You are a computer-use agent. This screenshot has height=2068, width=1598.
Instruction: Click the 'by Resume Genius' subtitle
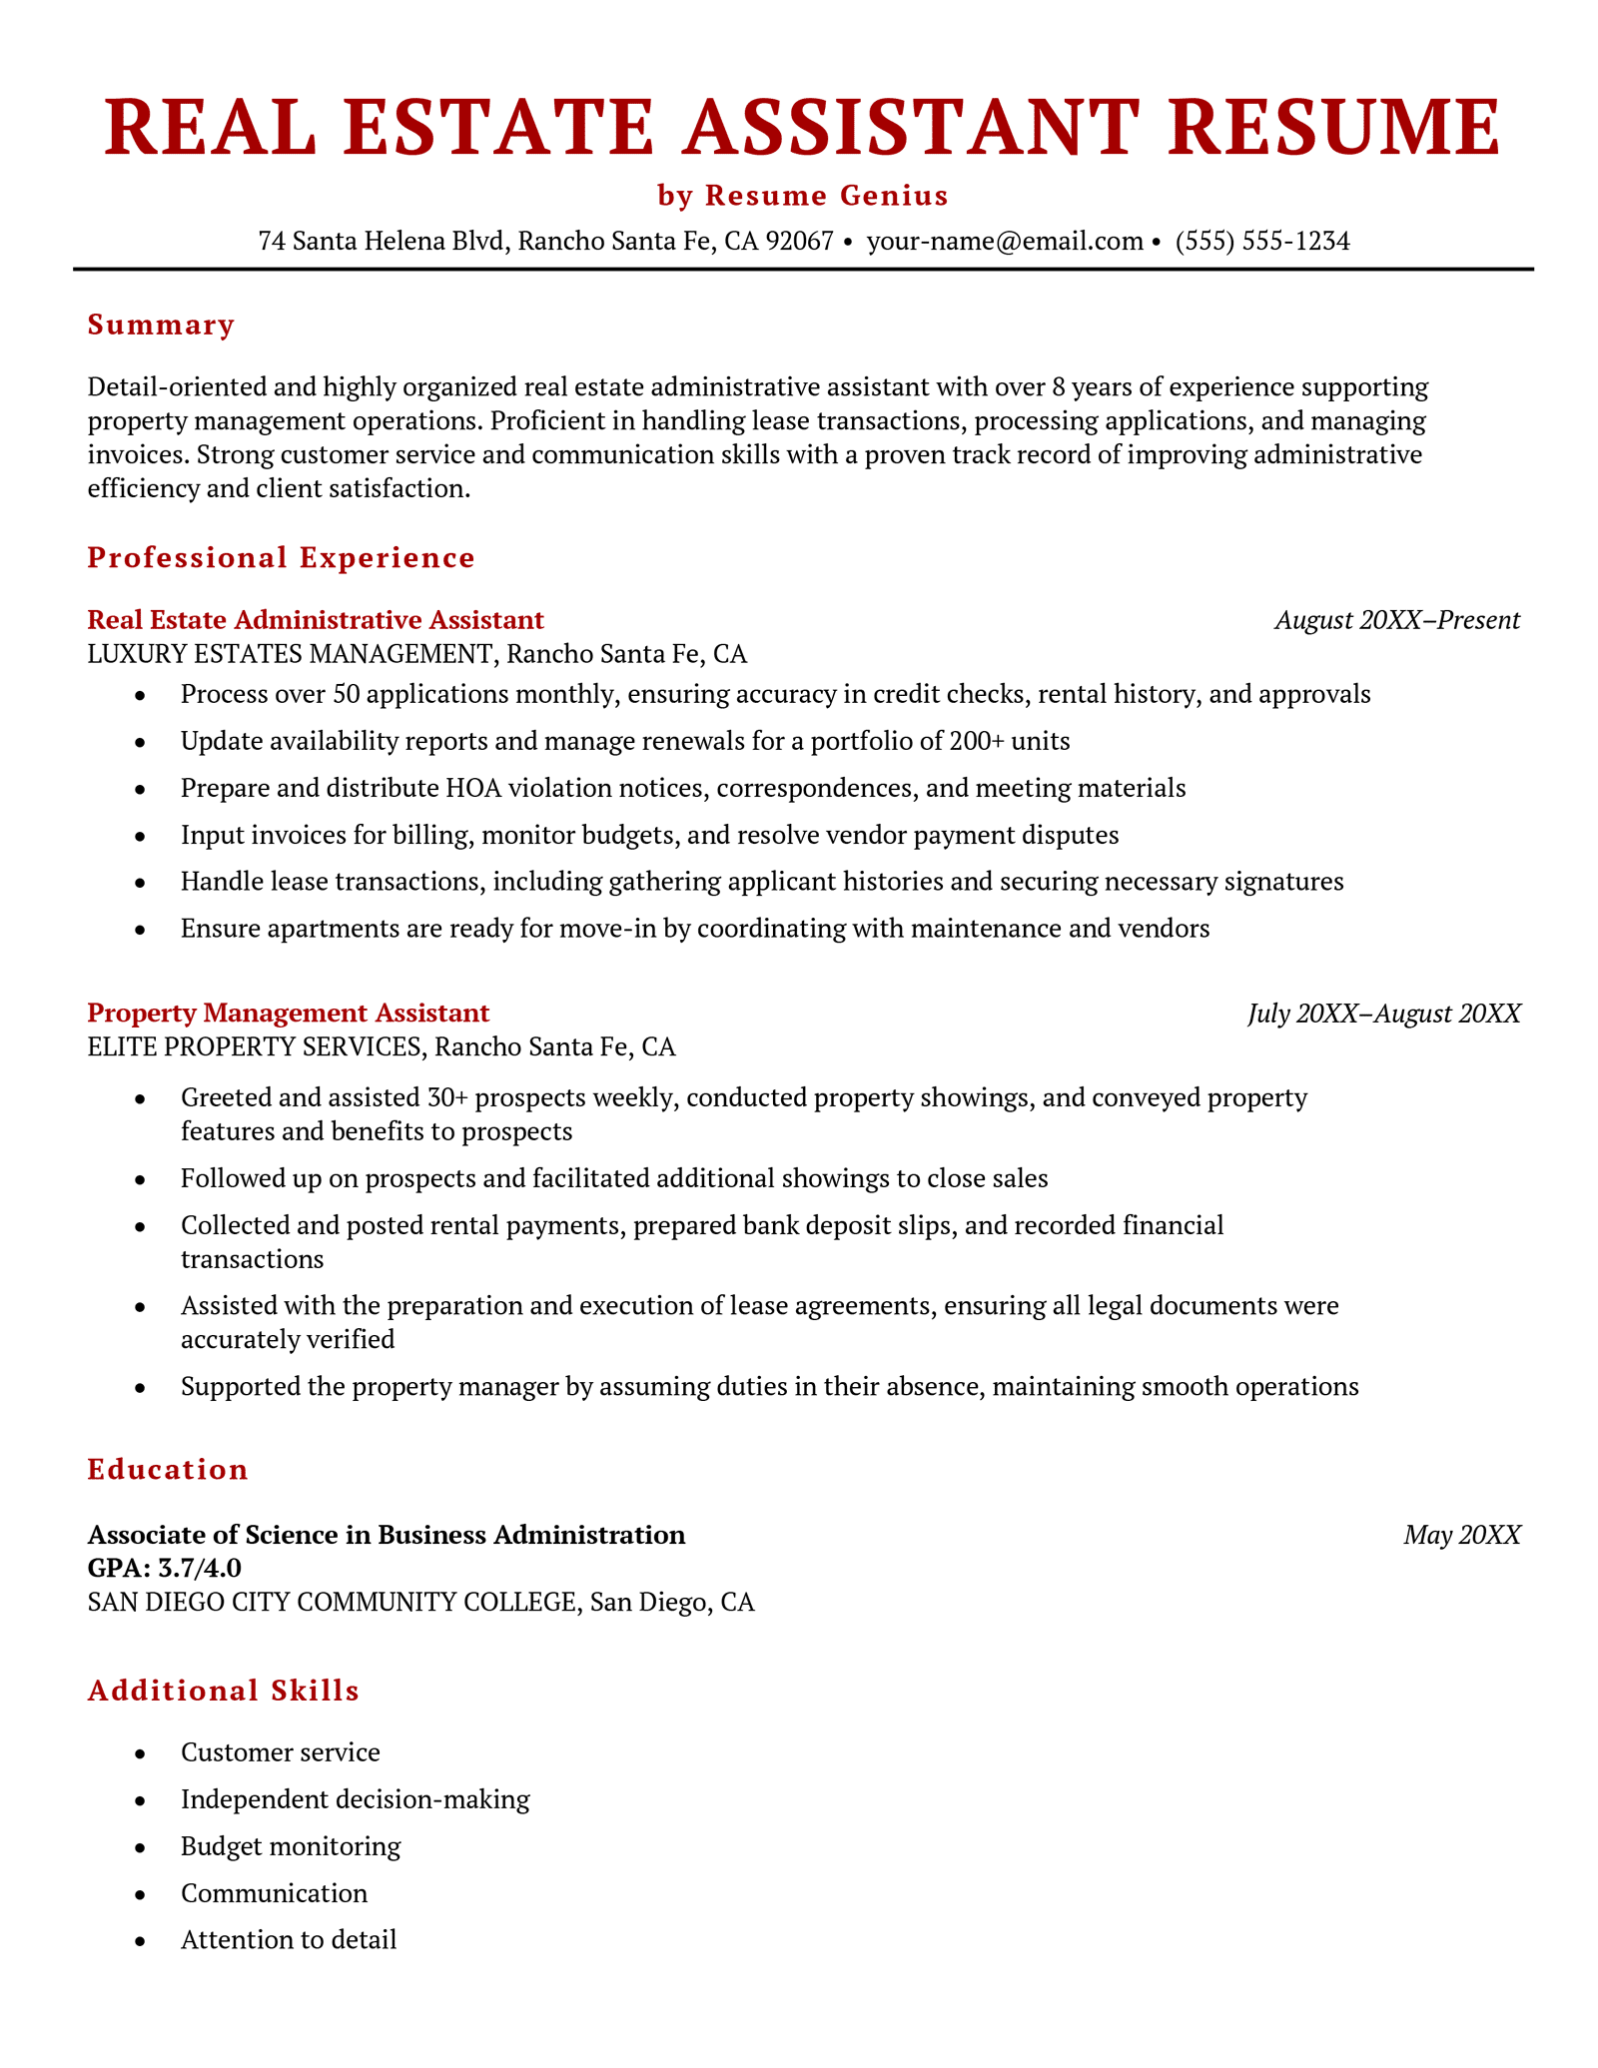[x=802, y=196]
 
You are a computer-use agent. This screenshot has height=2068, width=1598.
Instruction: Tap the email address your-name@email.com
[x=1005, y=242]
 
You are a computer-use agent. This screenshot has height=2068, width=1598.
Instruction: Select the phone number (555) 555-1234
[x=1262, y=242]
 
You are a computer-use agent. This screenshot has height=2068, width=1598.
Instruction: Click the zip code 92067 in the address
[x=799, y=242]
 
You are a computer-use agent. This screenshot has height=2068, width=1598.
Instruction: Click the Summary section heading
[x=162, y=326]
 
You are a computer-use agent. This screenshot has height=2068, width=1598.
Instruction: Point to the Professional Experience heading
[x=282, y=558]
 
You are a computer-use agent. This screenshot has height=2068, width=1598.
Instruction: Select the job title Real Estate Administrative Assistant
[x=316, y=620]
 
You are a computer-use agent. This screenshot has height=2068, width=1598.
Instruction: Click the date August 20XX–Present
[x=1397, y=620]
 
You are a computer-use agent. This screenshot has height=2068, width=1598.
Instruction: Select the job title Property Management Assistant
[x=289, y=1014]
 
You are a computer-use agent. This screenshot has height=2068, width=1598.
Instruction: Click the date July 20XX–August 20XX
[x=1384, y=1014]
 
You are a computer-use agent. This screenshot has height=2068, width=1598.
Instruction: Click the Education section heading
[x=168, y=1470]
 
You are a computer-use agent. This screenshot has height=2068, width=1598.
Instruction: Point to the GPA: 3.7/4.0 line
[x=165, y=1569]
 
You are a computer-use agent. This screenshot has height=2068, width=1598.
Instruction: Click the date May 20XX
[x=1462, y=1535]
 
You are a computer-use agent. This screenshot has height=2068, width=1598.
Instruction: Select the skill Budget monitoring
[x=291, y=1846]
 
